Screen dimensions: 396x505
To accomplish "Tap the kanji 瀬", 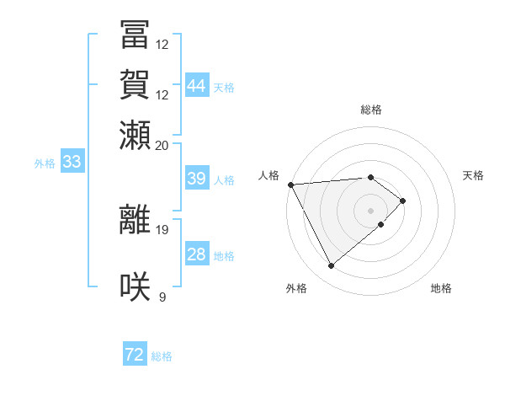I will [136, 135].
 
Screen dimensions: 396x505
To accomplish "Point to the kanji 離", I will [136, 220].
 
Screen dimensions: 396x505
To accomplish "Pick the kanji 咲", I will [136, 286].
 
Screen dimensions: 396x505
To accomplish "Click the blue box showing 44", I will [197, 86].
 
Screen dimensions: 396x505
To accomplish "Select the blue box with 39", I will [196, 179].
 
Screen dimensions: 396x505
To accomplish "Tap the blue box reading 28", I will [196, 254].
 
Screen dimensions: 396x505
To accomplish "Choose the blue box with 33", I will [72, 162].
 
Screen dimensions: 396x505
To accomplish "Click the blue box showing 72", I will [135, 355].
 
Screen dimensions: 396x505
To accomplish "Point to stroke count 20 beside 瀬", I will [162, 145].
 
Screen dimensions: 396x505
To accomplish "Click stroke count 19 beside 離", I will [162, 229].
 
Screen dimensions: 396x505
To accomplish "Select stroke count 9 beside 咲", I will [162, 296].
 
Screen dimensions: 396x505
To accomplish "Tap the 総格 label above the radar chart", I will [371, 110].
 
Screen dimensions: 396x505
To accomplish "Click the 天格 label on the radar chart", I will [473, 175].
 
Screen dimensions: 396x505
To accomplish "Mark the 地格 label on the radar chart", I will [441, 288].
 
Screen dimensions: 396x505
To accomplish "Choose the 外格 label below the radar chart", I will [296, 288].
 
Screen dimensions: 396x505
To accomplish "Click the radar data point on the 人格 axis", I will [290, 185].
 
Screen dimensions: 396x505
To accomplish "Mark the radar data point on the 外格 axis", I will [332, 266].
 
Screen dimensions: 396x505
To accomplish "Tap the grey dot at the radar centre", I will [371, 210].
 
